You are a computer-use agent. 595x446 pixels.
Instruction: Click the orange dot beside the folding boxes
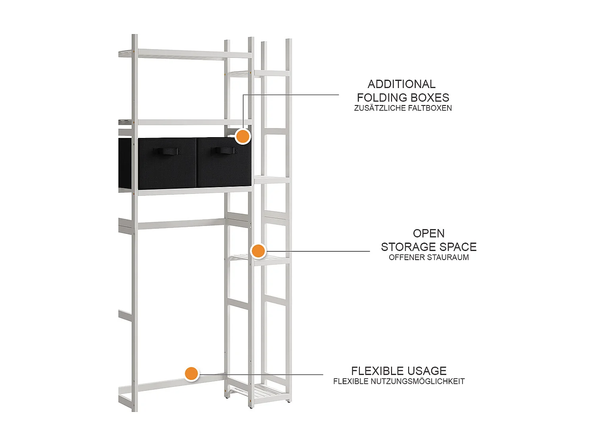tap(243, 136)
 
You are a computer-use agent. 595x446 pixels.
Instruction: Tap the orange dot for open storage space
tap(258, 251)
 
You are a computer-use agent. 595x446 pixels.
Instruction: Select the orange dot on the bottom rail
tap(191, 374)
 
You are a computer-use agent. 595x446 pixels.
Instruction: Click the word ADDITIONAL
tap(401, 84)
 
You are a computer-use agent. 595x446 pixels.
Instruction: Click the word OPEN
tap(428, 234)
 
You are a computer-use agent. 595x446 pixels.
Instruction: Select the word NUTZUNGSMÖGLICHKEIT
tap(418, 381)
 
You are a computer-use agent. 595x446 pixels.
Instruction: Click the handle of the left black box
tap(166, 151)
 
